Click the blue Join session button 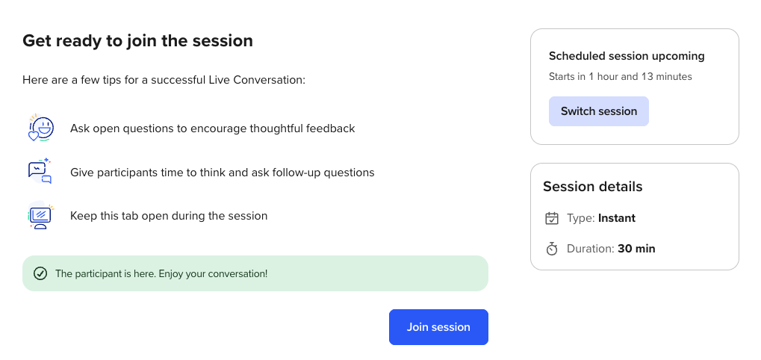click(x=438, y=327)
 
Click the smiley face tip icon click(x=41, y=128)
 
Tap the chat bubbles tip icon click(x=40, y=171)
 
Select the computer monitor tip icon click(x=41, y=215)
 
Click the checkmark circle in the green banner click(x=40, y=273)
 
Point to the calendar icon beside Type click(x=552, y=218)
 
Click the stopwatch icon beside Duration click(x=552, y=249)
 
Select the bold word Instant click(x=617, y=218)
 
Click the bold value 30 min click(x=637, y=249)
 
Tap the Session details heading click(x=592, y=187)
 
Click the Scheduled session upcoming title click(x=627, y=56)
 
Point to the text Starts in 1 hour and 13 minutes click(x=621, y=77)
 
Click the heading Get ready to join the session click(x=138, y=41)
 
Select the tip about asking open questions click(x=213, y=128)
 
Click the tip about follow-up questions click(x=223, y=173)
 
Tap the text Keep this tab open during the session click(x=169, y=216)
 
